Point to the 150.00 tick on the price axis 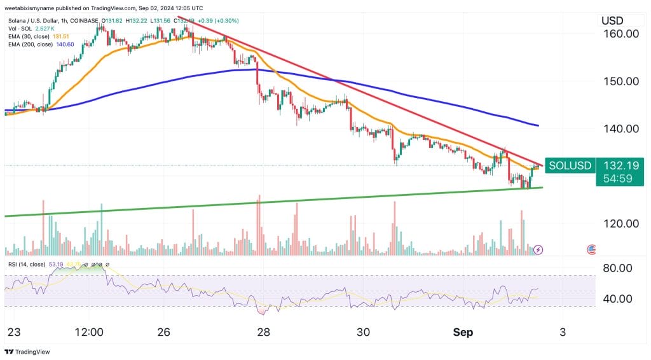point(620,81)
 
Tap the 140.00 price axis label point(620,128)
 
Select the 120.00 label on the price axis point(620,223)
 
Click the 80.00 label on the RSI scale point(616,268)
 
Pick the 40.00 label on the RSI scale point(616,298)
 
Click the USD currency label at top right point(612,20)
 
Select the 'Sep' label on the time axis point(463,332)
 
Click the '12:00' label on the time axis point(88,332)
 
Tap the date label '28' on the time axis point(264,332)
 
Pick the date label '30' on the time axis point(364,332)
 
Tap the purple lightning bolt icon point(538,249)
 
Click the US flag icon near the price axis point(591,249)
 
